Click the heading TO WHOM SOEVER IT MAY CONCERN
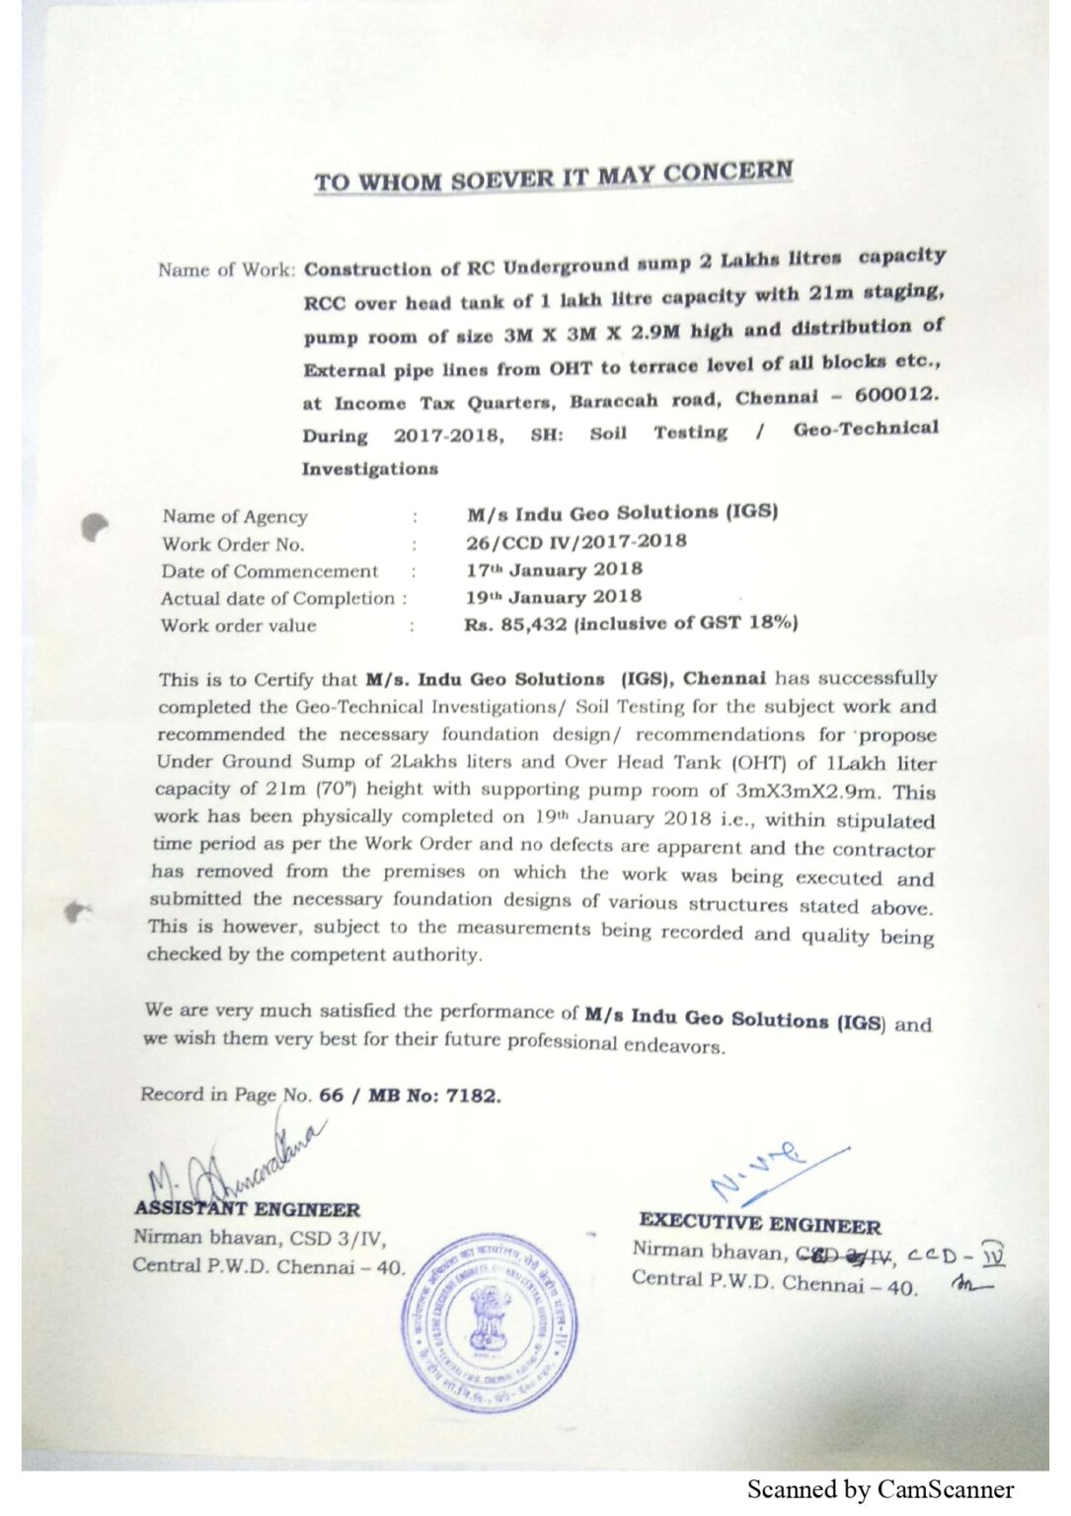pyautogui.click(x=553, y=178)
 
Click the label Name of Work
pyautogui.click(x=226, y=269)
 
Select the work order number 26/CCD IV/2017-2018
pyautogui.click(x=576, y=541)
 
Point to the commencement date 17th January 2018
pyautogui.click(x=554, y=569)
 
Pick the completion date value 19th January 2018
pyautogui.click(x=554, y=597)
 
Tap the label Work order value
pyautogui.click(x=239, y=626)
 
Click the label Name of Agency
pyautogui.click(x=235, y=516)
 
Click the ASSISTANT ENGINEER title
pyautogui.click(x=248, y=1209)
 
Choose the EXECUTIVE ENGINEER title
pyautogui.click(x=759, y=1224)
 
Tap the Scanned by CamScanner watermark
pyautogui.click(x=880, y=1489)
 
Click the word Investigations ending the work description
pyautogui.click(x=370, y=469)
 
